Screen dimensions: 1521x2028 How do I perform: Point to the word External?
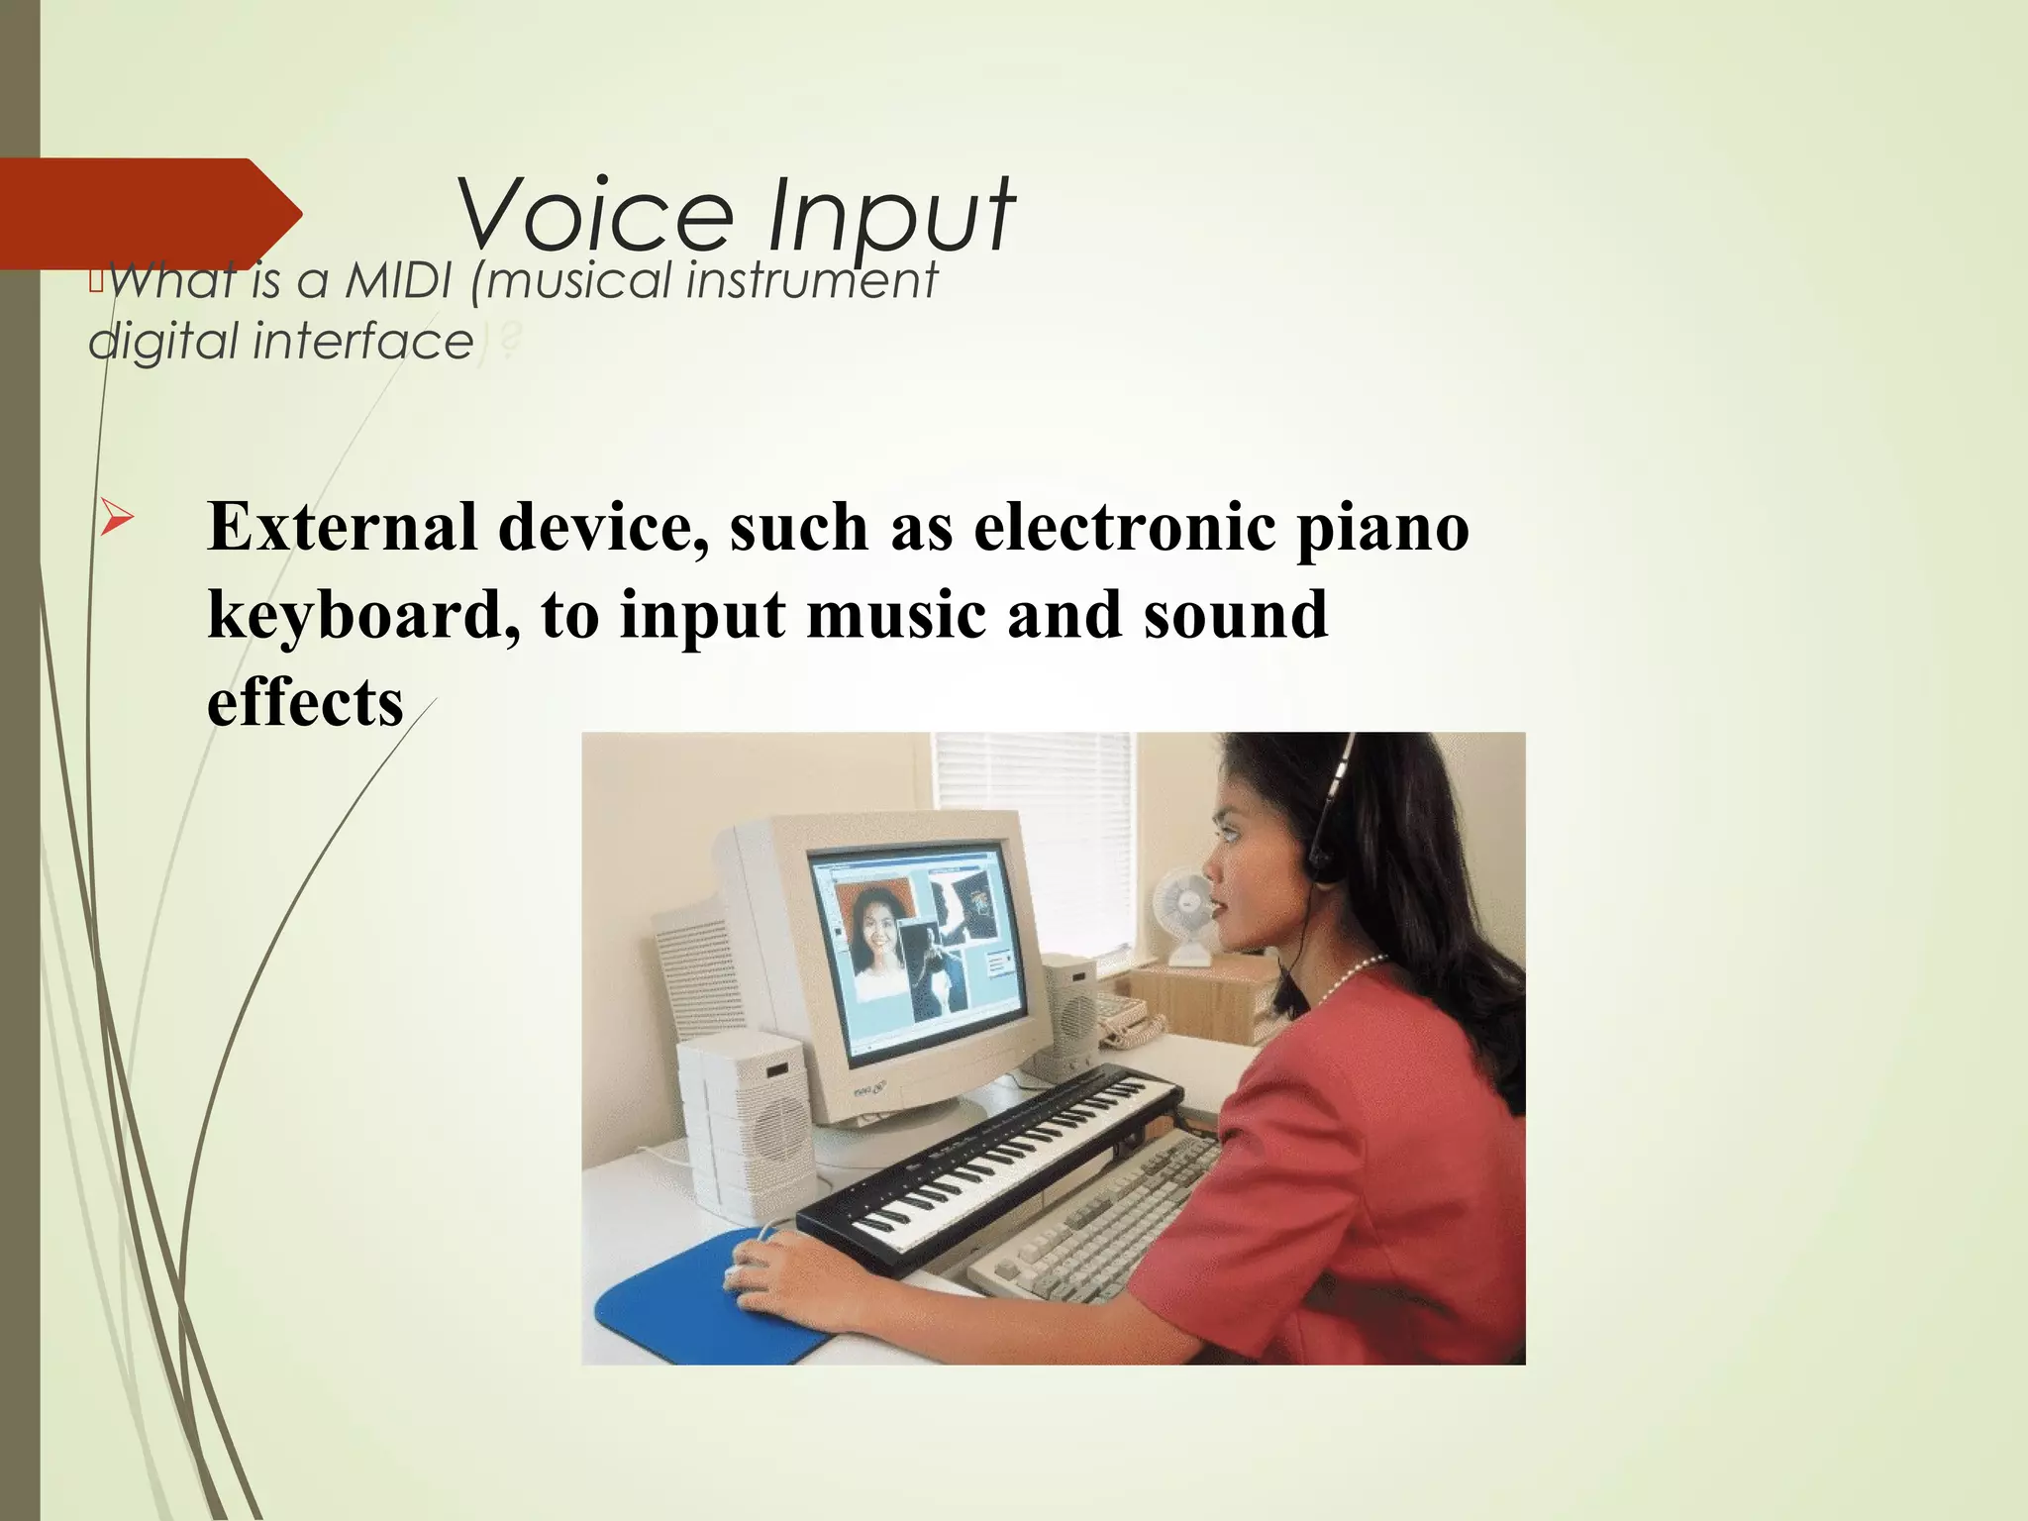342,527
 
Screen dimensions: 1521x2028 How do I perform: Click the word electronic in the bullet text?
1124,527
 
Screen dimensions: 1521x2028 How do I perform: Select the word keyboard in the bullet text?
363,615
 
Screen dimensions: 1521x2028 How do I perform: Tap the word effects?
304,702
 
